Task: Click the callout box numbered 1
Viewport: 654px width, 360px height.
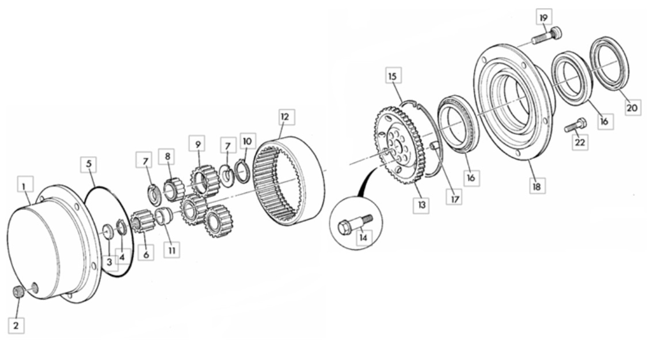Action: pos(25,185)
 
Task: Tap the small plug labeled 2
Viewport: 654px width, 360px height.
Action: pos(17,292)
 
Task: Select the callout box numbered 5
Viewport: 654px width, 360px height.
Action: pos(89,164)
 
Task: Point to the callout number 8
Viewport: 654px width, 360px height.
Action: pos(168,157)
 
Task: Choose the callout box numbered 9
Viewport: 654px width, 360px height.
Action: pos(197,144)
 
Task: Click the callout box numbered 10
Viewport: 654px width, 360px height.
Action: pos(247,141)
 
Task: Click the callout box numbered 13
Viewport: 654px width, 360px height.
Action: pos(421,205)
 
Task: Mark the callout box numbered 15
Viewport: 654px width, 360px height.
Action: pos(393,76)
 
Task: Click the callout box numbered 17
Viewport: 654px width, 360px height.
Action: pos(455,199)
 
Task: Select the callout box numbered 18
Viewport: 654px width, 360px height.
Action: pos(537,186)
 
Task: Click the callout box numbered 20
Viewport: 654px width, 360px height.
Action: pos(632,108)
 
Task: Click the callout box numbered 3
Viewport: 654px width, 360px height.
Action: pos(109,262)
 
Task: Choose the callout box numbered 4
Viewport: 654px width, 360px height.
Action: pos(122,257)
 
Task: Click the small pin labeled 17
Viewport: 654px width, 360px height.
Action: pos(435,146)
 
